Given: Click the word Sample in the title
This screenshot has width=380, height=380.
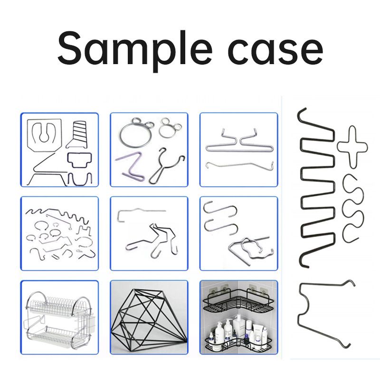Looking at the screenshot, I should click(x=135, y=49).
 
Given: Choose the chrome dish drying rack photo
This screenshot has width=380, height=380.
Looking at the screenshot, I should click(x=59, y=317).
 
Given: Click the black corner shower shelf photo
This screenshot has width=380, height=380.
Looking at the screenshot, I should click(x=238, y=317).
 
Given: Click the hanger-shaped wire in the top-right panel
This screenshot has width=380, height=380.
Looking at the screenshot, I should click(x=239, y=142).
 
